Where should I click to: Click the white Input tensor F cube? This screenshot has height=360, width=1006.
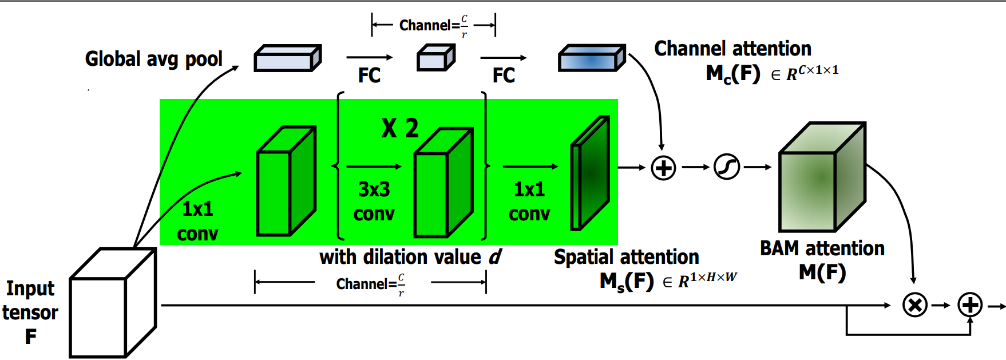(x=112, y=303)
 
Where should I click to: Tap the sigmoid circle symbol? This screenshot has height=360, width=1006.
(x=727, y=167)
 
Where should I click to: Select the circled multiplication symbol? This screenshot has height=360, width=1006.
(x=914, y=305)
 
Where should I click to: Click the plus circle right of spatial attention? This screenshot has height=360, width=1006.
(x=663, y=168)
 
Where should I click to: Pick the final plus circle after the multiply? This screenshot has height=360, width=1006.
(x=970, y=305)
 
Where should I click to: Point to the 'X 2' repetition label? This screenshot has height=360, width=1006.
(x=400, y=128)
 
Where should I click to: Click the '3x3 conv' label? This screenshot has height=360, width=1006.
(x=374, y=201)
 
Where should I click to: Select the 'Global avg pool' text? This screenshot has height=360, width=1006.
(x=153, y=59)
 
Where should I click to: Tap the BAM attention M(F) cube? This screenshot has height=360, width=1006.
(x=822, y=177)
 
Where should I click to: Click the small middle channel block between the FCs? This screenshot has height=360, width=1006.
(x=435, y=58)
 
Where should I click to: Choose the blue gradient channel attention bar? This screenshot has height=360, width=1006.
(x=591, y=58)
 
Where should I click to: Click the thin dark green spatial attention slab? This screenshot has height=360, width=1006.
(x=589, y=173)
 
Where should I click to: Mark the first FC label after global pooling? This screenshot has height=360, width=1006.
(x=369, y=75)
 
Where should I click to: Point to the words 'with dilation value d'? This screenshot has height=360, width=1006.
(x=410, y=257)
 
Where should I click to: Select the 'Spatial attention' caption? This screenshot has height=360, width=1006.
(x=626, y=257)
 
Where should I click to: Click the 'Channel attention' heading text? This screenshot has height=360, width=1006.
(x=732, y=49)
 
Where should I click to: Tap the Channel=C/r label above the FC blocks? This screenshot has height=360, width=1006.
(x=433, y=26)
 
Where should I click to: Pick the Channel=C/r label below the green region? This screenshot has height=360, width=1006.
(x=370, y=284)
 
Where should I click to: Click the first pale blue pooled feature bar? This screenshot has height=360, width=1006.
(x=287, y=58)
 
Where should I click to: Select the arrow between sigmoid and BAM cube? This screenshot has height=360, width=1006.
(x=757, y=167)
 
